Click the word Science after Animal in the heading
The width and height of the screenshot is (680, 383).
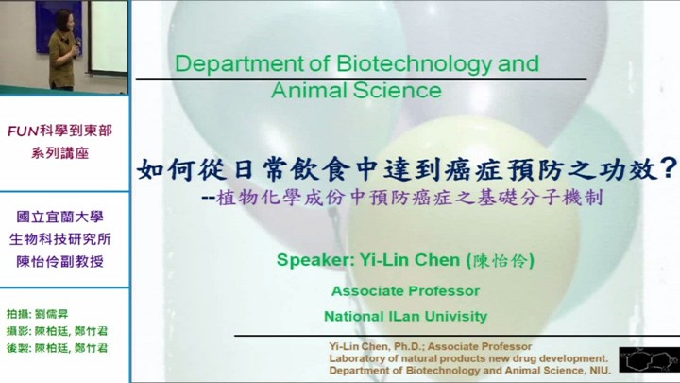pyautogui.click(x=397, y=91)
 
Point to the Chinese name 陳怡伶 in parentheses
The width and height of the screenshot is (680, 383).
pyautogui.click(x=500, y=261)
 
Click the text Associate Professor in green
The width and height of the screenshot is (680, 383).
pyautogui.click(x=405, y=291)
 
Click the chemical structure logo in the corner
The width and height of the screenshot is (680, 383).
pyautogui.click(x=649, y=359)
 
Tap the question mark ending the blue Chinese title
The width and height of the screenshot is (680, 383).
pyautogui.click(x=670, y=167)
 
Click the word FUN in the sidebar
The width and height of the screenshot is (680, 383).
pyautogui.click(x=24, y=131)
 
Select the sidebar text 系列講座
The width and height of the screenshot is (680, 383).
pyautogui.click(x=59, y=153)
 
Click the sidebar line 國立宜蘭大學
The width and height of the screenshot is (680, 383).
pyautogui.click(x=59, y=217)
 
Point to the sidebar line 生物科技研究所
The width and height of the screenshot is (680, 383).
pyautogui.click(x=59, y=239)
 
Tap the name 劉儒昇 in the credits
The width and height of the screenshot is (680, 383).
pyautogui.click(x=51, y=314)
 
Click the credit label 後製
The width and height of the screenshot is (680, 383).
pyautogui.click(x=17, y=348)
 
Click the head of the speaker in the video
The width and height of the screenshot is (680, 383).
pyautogui.click(x=63, y=19)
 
